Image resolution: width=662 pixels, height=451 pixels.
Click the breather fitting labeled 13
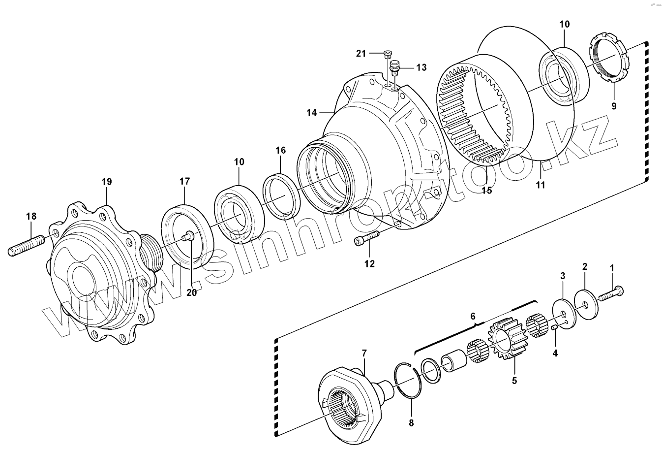coord(394,66)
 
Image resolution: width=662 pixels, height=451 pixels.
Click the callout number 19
coord(107,182)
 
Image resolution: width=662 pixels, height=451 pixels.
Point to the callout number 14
coord(312,112)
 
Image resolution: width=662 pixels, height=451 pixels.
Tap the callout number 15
coord(486,191)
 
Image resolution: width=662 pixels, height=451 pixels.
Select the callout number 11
coord(541,185)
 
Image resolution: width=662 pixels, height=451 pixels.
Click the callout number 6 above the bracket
coord(473,316)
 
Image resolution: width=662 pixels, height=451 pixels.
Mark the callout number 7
coord(364,353)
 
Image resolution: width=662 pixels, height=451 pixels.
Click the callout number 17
coord(184,181)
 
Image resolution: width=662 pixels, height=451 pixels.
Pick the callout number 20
coord(191,292)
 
